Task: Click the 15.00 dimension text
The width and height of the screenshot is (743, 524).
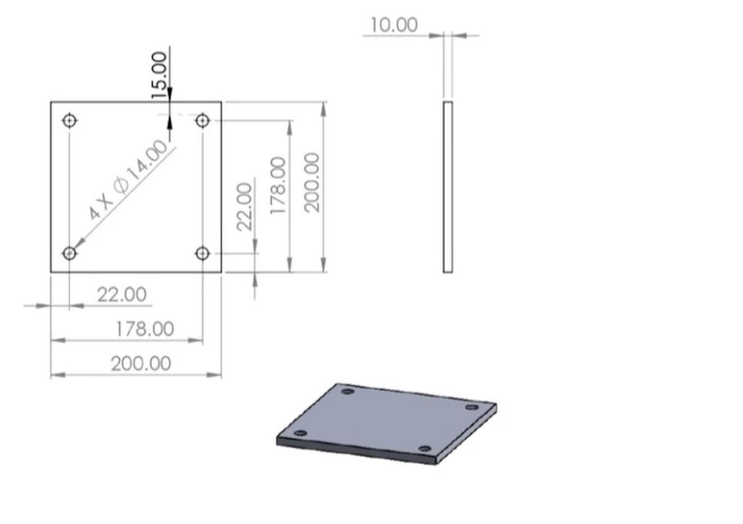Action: [x=160, y=75]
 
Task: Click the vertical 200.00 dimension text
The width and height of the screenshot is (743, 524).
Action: [x=312, y=182]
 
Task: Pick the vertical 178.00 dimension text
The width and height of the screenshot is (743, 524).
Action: [x=278, y=186]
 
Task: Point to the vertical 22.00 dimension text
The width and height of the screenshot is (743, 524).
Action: [x=245, y=207]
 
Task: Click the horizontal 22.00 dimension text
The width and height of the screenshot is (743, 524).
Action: [x=122, y=294]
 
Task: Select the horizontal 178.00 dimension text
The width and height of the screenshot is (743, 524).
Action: [x=145, y=329]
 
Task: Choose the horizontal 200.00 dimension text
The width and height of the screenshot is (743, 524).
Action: [x=141, y=364]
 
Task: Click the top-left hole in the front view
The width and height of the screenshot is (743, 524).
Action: [x=70, y=120]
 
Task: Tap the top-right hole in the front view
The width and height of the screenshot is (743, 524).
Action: [x=202, y=120]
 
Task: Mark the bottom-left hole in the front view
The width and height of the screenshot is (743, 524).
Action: [x=70, y=253]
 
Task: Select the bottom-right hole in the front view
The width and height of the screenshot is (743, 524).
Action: [x=202, y=253]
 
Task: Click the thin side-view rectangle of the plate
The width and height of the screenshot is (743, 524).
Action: [x=448, y=187]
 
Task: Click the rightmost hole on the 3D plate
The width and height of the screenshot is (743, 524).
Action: [x=471, y=407]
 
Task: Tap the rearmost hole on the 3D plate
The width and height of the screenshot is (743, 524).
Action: [x=347, y=391]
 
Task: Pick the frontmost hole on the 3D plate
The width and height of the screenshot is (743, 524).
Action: [x=425, y=449]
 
